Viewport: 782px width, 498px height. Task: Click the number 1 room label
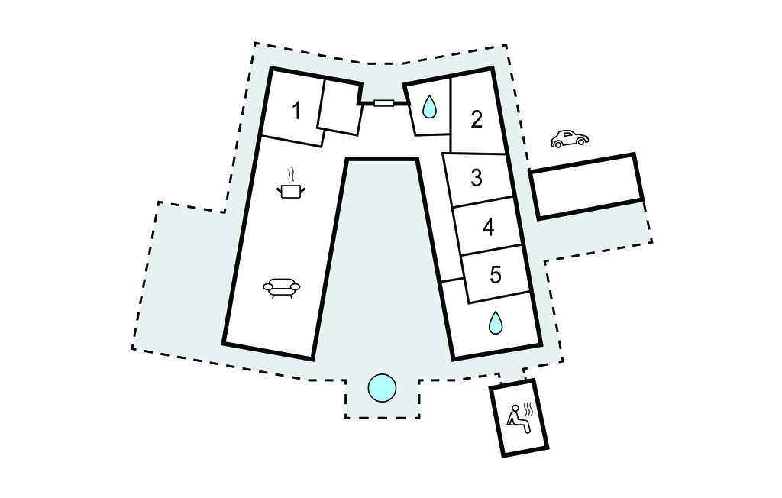click(297, 111)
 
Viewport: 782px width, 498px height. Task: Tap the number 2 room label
click(477, 119)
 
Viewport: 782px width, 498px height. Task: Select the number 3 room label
click(477, 178)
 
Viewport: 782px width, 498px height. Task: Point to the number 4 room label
click(488, 227)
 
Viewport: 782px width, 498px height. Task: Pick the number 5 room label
click(495, 274)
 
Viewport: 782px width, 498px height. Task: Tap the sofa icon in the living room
click(282, 288)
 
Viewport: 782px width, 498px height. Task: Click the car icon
click(570, 139)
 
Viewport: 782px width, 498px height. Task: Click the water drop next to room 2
click(429, 107)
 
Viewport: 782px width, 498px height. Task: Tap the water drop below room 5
click(495, 322)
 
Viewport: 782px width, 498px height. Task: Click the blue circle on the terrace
click(382, 388)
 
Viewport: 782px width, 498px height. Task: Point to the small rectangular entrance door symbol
click(384, 103)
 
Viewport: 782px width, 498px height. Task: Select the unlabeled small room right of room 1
click(341, 107)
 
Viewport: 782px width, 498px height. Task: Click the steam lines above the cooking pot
click(292, 176)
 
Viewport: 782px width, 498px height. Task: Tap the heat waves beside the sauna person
click(528, 409)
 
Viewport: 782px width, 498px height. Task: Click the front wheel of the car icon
click(557, 144)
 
